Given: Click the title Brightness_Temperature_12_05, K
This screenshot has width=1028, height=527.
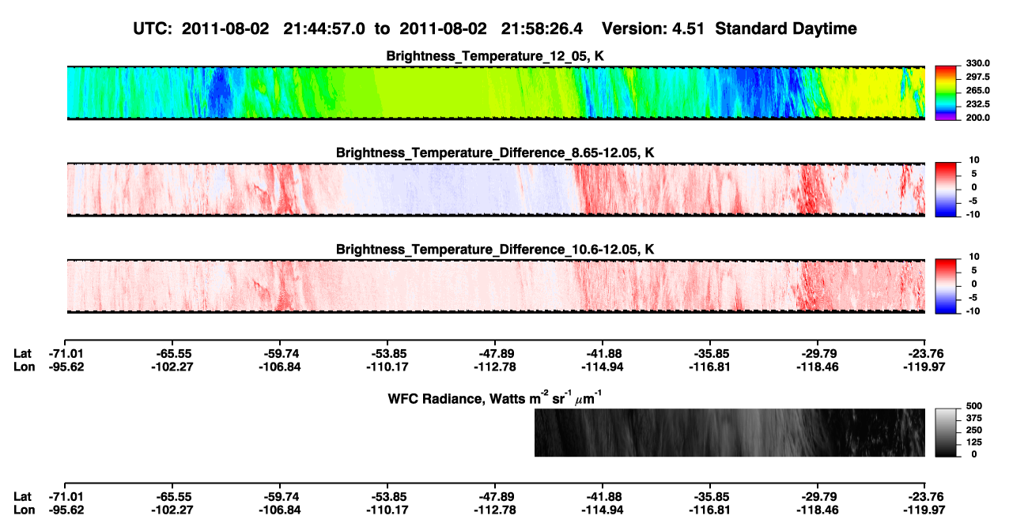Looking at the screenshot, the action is (495, 56).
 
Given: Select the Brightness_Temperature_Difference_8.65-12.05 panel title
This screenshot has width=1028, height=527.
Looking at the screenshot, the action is (495, 152).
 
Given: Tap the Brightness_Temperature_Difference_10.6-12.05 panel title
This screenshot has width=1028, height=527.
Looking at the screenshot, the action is (495, 250).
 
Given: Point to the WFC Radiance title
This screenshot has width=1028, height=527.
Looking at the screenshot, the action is (495, 398).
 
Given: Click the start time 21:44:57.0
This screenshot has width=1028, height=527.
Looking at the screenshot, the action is (324, 28).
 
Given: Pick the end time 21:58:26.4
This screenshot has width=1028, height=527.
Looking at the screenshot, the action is (542, 28).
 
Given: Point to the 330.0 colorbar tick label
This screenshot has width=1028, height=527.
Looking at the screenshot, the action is (977, 63).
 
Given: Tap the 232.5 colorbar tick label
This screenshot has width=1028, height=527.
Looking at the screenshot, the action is (977, 104).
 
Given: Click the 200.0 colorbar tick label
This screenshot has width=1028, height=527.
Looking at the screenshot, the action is (977, 118).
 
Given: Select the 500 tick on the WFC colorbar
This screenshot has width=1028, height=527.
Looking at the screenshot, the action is (974, 406).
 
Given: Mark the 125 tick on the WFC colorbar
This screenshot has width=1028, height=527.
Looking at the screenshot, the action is (974, 442).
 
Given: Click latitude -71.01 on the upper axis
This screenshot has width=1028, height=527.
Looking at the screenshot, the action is (66, 354).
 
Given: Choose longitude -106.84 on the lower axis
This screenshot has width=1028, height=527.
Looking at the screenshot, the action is (279, 510).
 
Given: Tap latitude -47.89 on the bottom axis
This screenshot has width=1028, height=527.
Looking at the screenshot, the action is (496, 497).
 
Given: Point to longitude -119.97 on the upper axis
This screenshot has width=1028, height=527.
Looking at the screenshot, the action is (924, 367).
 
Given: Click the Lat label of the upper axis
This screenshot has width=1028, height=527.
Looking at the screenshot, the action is (22, 354).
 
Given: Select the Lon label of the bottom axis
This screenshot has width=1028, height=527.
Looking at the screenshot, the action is (24, 510).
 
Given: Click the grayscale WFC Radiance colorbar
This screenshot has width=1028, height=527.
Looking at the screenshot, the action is (946, 432).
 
